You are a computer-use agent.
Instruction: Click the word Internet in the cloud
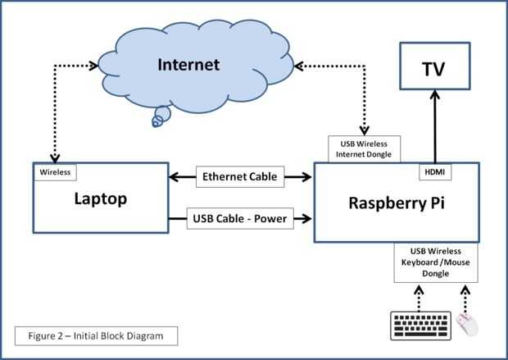coord(188,64)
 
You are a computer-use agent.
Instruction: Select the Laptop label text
coord(100,198)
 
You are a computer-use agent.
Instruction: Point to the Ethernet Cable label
coord(240,176)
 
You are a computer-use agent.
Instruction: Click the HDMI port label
coord(433,171)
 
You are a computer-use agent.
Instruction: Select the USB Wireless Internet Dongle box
coord(364,148)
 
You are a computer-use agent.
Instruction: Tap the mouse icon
coord(467,325)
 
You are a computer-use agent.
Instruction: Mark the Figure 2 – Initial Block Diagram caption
coord(95,336)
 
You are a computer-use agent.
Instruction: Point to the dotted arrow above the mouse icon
coord(465,297)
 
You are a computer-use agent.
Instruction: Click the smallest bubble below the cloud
coord(156,122)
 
